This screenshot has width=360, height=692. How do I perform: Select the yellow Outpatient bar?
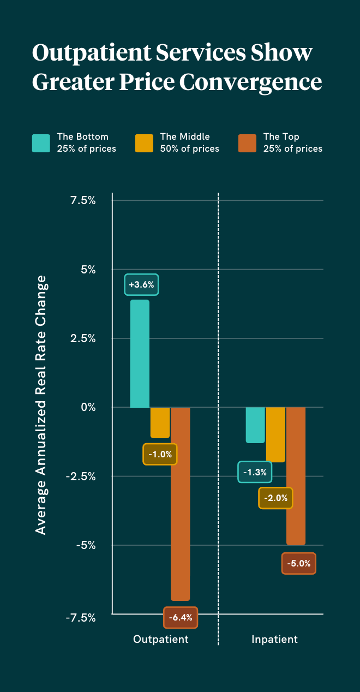(x=160, y=422)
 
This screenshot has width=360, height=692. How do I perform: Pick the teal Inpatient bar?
(x=255, y=425)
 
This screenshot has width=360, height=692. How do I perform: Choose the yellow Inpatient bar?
(x=275, y=434)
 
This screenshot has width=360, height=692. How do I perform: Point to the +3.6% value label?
(x=141, y=284)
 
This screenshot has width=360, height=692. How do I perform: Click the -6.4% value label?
(x=181, y=617)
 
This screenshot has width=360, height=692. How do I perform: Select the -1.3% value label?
(x=255, y=472)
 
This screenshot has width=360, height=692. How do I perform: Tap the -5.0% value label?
(x=299, y=563)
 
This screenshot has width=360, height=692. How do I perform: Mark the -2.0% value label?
(x=275, y=498)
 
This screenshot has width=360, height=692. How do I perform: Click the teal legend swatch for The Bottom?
(x=41, y=142)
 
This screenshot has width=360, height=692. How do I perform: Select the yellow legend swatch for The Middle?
(x=145, y=142)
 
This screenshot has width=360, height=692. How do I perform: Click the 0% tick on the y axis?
(x=88, y=407)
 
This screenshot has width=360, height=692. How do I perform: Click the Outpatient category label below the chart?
(x=161, y=639)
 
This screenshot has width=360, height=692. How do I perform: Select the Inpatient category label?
(x=275, y=639)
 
